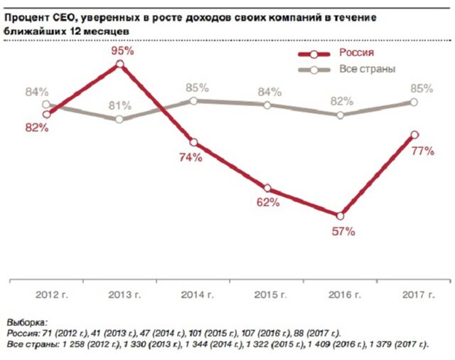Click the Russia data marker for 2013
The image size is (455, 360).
coord(120,65)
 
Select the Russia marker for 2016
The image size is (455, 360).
coord(341,216)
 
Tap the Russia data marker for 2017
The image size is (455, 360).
coord(414,134)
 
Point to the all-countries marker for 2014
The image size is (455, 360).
coord(193,101)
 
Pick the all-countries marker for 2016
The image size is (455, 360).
coord(341,115)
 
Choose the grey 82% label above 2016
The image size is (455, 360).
coord(340,101)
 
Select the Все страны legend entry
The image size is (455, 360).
coord(367,68)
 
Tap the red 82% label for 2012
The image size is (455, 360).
coord(36,127)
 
